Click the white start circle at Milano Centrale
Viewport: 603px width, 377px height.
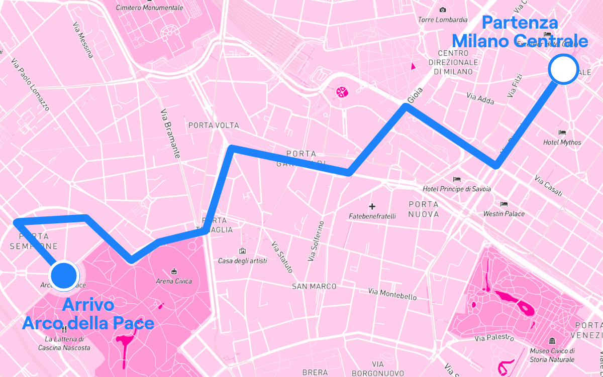click(563, 69)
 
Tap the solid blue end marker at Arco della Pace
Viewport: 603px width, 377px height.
click(64, 276)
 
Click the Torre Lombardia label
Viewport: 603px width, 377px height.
click(443, 20)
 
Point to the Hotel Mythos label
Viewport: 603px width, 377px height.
click(562, 143)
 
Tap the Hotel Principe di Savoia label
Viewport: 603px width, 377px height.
click(456, 189)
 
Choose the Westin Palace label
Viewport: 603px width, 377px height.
click(504, 214)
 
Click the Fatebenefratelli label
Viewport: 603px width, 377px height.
click(372, 216)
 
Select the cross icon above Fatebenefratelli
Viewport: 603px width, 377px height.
click(372, 206)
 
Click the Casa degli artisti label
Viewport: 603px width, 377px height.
click(242, 261)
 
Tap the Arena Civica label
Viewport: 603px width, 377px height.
click(174, 281)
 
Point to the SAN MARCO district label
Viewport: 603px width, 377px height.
click(314, 286)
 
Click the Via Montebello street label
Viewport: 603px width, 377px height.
click(392, 294)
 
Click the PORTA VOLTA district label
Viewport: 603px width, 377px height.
click(214, 125)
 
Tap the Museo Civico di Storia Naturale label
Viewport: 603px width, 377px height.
click(552, 355)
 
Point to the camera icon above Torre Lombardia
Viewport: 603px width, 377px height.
click(442, 10)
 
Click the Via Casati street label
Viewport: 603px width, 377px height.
click(549, 186)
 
